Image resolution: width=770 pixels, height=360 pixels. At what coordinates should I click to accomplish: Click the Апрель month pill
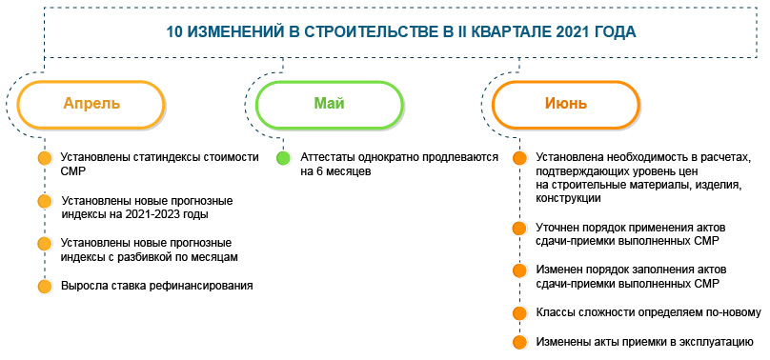[91, 105]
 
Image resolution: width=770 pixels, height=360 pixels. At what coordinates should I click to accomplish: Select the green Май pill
[330, 105]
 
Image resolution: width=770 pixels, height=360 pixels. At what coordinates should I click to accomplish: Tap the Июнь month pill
[566, 105]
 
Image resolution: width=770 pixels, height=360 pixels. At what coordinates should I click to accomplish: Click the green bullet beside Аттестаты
[283, 158]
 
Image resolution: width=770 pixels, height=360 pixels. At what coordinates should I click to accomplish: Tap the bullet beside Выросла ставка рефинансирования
[45, 287]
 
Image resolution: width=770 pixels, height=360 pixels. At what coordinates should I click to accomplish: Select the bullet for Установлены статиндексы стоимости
[45, 158]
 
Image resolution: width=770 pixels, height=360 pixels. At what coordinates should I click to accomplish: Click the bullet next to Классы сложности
[519, 313]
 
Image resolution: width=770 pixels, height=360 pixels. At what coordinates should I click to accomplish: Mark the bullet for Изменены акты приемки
[519, 342]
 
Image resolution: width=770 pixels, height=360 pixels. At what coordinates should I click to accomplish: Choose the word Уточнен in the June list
[557, 228]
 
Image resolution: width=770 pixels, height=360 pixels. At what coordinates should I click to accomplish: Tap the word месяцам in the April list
[214, 257]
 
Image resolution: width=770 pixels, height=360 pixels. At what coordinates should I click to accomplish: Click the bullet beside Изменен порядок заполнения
[519, 270]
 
